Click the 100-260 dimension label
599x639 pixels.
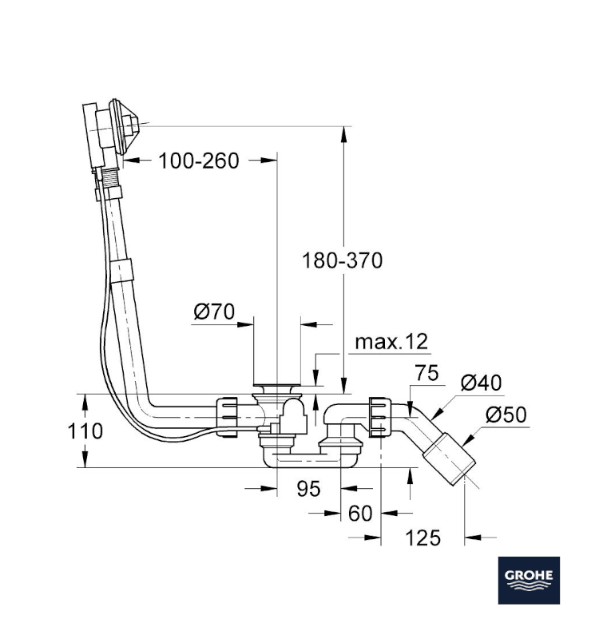click(198, 161)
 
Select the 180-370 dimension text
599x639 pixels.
click(343, 260)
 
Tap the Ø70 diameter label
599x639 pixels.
click(213, 312)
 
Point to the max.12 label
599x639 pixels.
click(391, 342)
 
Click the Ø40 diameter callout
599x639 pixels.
click(482, 383)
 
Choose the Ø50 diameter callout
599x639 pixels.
click(506, 415)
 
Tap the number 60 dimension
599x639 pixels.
click(361, 513)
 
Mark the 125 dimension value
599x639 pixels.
click(422, 538)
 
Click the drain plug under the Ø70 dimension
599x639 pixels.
click(276, 388)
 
